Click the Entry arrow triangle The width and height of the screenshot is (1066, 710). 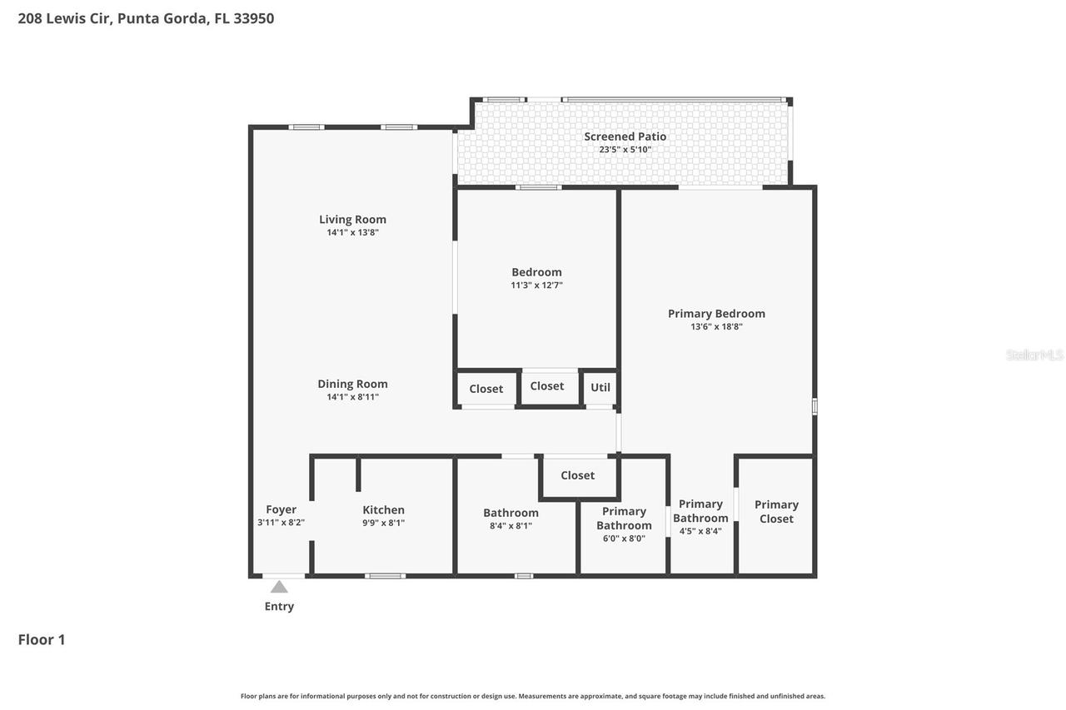click(279, 587)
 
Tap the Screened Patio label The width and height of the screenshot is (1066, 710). click(625, 137)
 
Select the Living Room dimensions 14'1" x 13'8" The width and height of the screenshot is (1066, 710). click(352, 233)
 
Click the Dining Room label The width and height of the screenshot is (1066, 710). click(352, 384)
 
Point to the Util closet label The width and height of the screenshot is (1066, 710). click(600, 387)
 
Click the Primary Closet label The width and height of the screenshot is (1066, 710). click(776, 511)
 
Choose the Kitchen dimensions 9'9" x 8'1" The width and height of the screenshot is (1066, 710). click(383, 524)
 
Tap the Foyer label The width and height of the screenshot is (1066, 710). click(281, 509)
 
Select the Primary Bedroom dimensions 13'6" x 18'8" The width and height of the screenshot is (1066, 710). click(716, 327)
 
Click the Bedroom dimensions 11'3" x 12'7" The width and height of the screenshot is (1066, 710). click(536, 285)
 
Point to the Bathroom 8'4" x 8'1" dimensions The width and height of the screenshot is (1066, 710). click(511, 526)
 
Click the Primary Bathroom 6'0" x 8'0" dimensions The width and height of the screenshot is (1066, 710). click(624, 539)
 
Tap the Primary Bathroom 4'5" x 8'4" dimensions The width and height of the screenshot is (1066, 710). click(700, 531)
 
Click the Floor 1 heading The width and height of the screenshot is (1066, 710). click(42, 639)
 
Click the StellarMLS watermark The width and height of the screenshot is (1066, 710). click(1034, 355)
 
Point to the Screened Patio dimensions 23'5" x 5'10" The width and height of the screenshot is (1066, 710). click(625, 150)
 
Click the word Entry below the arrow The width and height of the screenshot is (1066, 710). click(279, 606)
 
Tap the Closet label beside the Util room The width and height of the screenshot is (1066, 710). click(547, 386)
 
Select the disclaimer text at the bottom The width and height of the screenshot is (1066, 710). click(533, 696)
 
